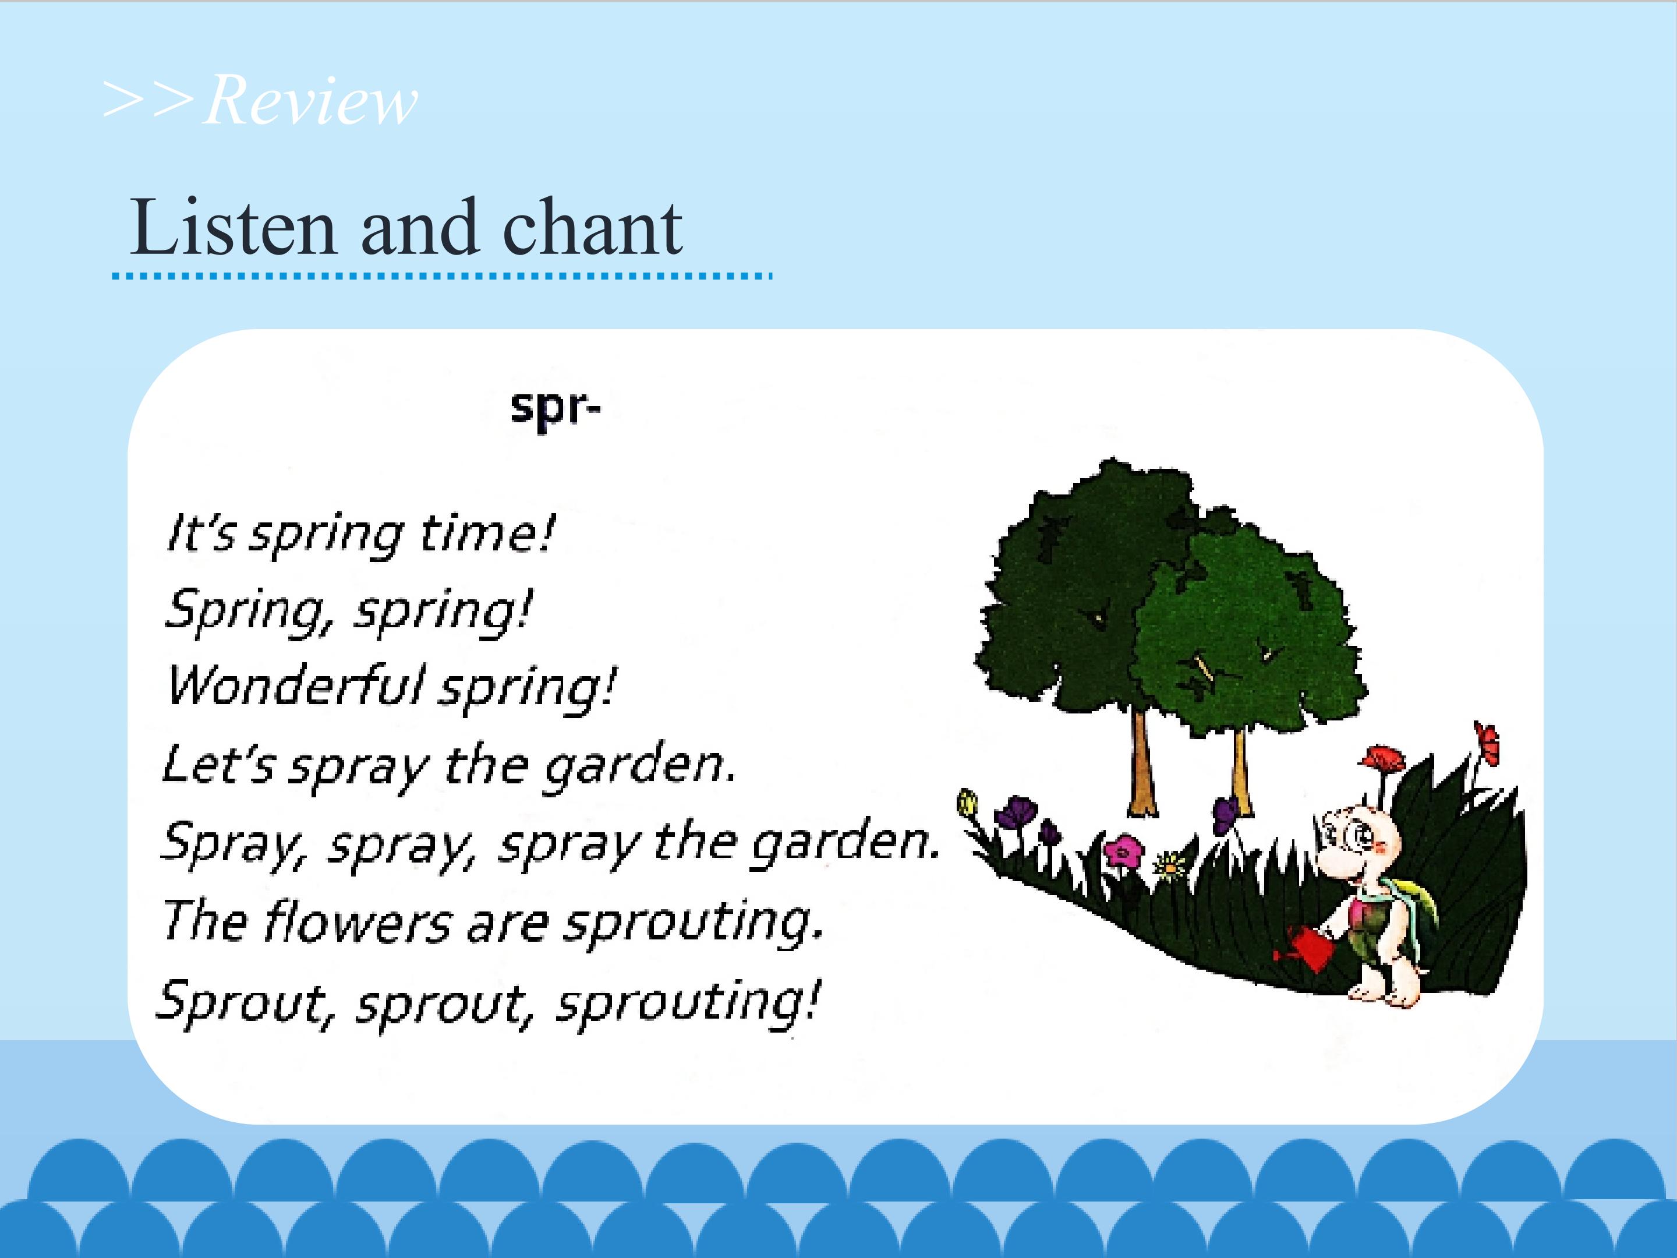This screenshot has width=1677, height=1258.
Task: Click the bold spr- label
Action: point(555,409)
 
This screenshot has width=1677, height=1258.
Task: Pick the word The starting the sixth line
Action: point(205,921)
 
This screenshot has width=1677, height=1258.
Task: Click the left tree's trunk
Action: point(1141,761)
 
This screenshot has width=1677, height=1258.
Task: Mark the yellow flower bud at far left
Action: point(967,803)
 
